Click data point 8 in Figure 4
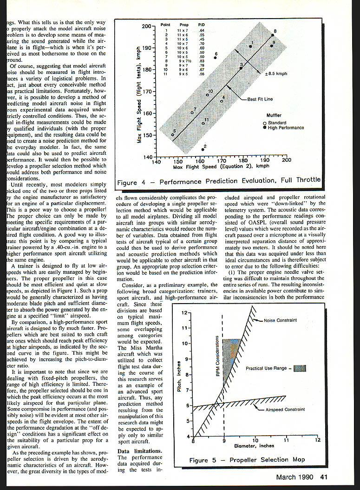pos(272,35)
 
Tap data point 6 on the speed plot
pos(216,58)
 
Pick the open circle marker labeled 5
pos(172,135)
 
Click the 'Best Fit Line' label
pos(260,99)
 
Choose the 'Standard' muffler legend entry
pos(277,123)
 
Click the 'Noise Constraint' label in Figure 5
pos(280,320)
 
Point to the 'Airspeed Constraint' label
pos(286,410)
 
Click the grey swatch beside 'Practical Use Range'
pos(301,368)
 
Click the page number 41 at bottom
pos(324,476)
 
